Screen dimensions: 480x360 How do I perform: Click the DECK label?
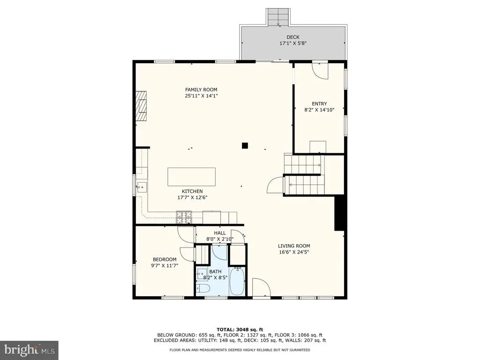point(292,37)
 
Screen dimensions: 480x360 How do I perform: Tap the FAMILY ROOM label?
point(201,90)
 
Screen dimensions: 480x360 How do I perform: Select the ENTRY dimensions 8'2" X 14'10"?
point(319,110)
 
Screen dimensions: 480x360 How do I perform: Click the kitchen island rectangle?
point(191,177)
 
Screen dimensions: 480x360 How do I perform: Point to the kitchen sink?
point(142,187)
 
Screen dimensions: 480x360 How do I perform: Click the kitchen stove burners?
point(184,217)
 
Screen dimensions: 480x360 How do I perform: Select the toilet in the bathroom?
point(202,288)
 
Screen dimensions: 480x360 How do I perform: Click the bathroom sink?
point(202,273)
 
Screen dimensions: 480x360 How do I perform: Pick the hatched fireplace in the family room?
point(141,106)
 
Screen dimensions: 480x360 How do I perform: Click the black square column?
point(245,146)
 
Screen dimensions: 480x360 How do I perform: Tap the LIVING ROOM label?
point(294,246)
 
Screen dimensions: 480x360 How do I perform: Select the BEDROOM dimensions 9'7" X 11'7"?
point(165,266)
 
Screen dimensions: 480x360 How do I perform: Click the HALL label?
point(220,233)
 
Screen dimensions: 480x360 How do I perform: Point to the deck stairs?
point(278,17)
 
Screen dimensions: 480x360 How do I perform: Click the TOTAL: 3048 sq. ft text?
point(240,330)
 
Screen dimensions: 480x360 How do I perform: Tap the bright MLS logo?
point(29,350)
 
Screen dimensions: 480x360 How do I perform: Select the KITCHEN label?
point(192,191)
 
